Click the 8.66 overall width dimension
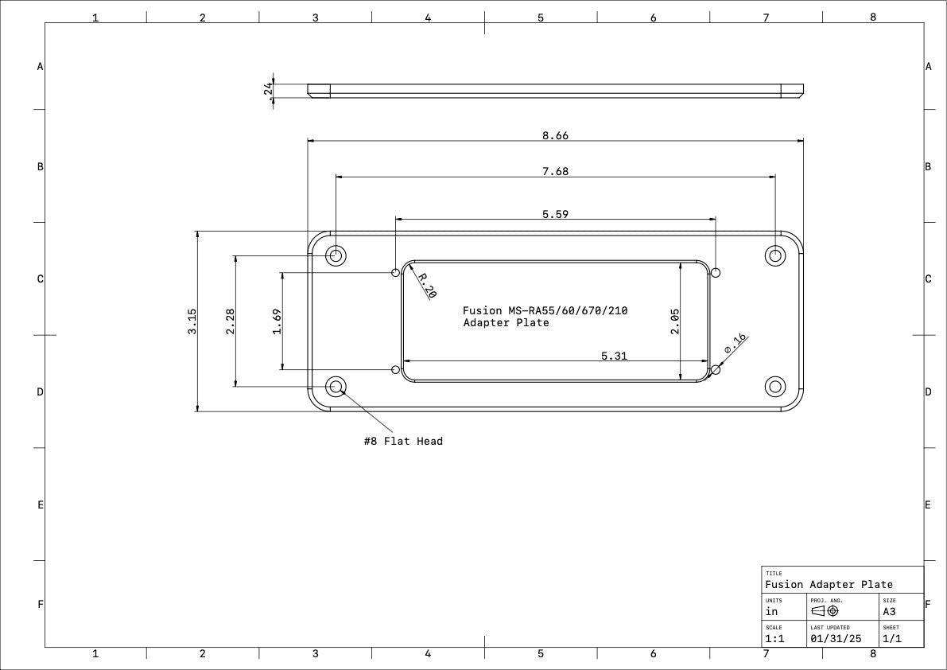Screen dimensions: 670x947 (555, 135)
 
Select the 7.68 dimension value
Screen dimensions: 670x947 (555, 171)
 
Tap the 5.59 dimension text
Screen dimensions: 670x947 (555, 214)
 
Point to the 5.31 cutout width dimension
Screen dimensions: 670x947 (614, 356)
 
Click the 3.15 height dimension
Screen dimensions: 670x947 (192, 321)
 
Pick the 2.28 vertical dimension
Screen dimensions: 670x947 (231, 321)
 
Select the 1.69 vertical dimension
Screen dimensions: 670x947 (277, 321)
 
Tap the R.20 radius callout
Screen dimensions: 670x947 (427, 286)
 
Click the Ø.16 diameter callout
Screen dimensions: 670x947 (735, 344)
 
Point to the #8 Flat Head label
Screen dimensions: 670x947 (403, 441)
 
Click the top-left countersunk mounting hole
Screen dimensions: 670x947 (336, 255)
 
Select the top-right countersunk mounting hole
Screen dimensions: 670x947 (774, 255)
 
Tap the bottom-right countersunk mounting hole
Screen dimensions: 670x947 (774, 387)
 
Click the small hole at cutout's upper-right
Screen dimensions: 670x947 (716, 272)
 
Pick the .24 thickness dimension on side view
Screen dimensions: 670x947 (268, 89)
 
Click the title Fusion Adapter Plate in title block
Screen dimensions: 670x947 (829, 584)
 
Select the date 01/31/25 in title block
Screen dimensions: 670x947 (835, 638)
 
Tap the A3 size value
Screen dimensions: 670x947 (889, 612)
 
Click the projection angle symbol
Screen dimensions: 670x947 (825, 611)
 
